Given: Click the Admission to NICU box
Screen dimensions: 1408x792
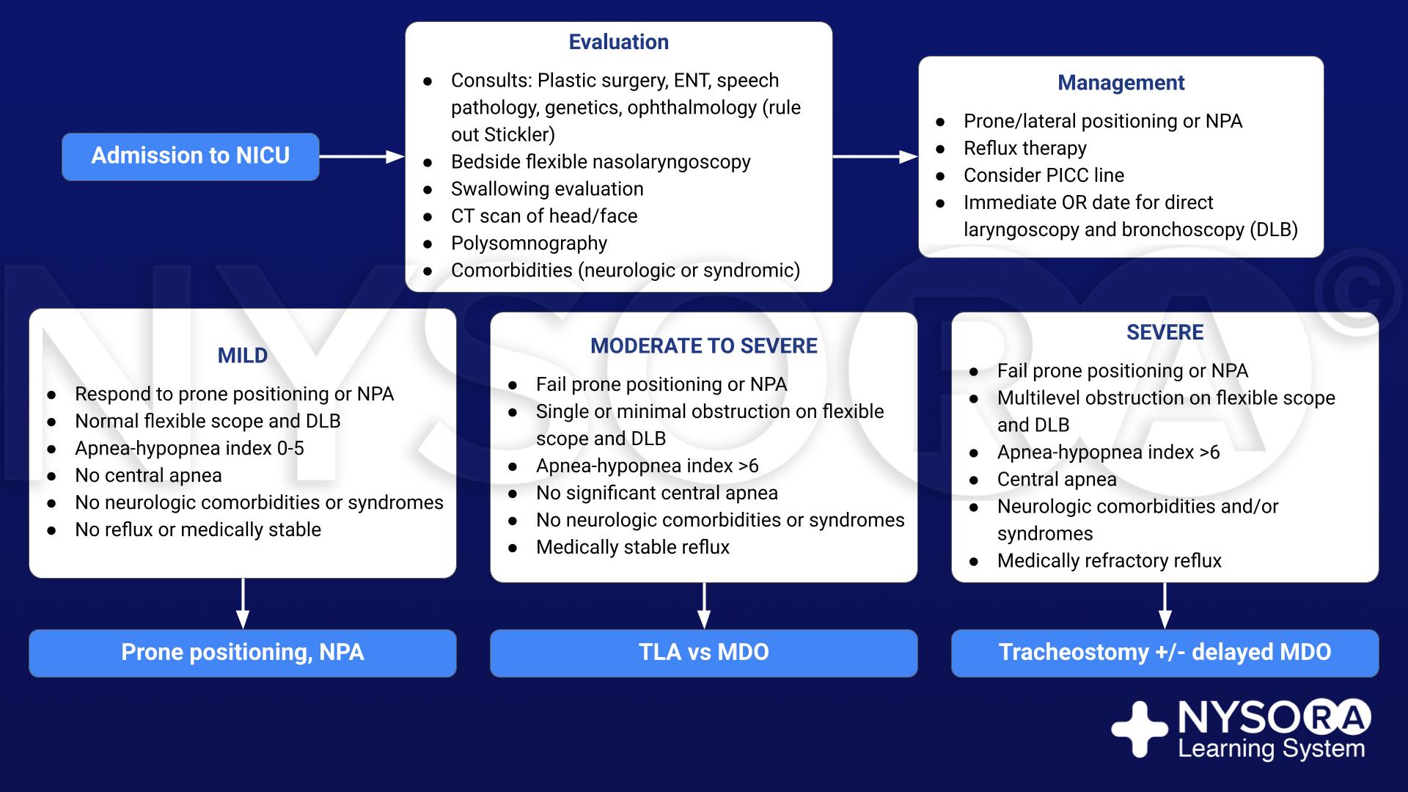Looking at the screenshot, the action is coord(191,156).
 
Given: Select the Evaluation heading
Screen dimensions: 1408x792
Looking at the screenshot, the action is coord(619,42).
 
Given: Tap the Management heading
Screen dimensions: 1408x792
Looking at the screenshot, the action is coord(1121,83).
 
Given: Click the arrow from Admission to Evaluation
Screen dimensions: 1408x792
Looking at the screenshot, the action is coord(362,156).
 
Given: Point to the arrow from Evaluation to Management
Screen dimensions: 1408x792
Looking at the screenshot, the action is coord(876,156).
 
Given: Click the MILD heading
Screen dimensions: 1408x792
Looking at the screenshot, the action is coord(243,356).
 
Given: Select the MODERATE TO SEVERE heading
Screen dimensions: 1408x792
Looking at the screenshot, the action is coord(704,346).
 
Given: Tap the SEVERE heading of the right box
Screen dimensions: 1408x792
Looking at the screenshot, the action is coord(1165,332).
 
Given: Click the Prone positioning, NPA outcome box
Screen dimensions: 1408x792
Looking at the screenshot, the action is coord(243,653).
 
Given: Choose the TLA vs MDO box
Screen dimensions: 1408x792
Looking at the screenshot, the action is coord(704,653).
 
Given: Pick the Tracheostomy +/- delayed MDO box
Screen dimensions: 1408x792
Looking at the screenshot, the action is coord(1165,653).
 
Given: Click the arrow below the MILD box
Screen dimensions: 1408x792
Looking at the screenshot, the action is coord(243,604).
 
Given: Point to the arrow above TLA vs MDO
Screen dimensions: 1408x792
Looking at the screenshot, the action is coord(704,606).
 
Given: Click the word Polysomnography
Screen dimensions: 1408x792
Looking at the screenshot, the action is coord(529,243).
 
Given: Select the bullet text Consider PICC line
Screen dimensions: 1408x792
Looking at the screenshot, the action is coord(1044,175).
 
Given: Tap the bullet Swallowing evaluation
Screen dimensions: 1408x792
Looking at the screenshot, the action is coord(547,189).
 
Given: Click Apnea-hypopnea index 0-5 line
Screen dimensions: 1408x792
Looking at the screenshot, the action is coord(189,448).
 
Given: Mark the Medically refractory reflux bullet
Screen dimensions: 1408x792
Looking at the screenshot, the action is coord(1110,561).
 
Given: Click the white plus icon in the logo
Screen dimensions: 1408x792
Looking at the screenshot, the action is coord(1140,729).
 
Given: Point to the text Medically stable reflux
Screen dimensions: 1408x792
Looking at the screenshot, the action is coord(633,547).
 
